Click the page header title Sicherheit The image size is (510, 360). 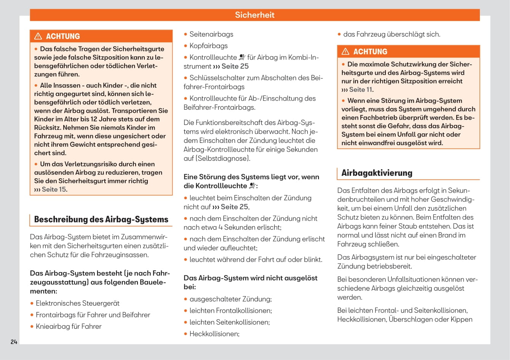click(x=254, y=15)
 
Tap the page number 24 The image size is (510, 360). click(x=14, y=342)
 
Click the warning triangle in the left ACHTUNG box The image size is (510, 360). click(x=38, y=36)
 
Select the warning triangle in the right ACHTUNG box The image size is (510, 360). click(x=345, y=51)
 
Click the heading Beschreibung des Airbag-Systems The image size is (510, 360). click(x=101, y=219)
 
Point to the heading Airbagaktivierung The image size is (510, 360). click(x=377, y=173)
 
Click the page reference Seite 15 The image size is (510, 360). click(x=54, y=189)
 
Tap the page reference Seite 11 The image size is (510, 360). click(x=360, y=90)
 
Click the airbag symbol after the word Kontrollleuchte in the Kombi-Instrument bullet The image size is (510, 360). click(x=242, y=57)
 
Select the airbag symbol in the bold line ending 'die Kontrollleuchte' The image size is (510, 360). click(x=253, y=186)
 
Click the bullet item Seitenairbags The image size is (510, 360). click(x=211, y=34)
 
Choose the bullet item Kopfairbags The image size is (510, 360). click(x=208, y=46)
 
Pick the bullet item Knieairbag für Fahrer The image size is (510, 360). click(x=69, y=326)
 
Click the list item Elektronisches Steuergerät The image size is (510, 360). click(x=77, y=303)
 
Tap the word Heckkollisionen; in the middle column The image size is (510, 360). click(x=214, y=334)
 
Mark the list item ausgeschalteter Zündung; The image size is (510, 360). click(x=230, y=299)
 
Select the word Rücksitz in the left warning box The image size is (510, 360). click(x=47, y=128)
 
